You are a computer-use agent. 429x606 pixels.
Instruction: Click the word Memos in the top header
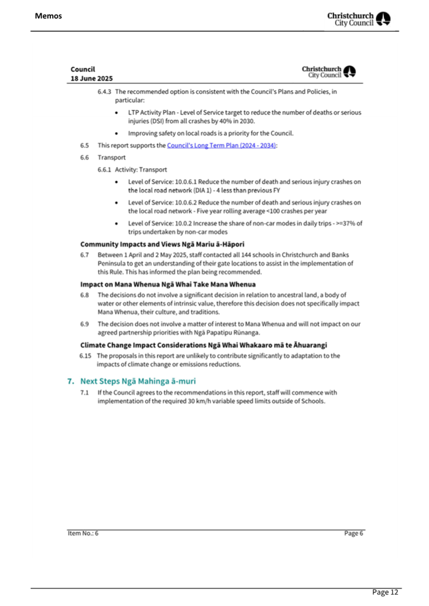click(x=48, y=15)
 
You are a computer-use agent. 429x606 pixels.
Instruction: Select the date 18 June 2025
click(x=92, y=79)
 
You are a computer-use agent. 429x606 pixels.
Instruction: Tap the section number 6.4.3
click(x=105, y=92)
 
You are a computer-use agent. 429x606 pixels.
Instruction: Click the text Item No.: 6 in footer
click(x=85, y=534)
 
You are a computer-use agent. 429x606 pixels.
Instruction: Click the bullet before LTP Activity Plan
click(x=119, y=112)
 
